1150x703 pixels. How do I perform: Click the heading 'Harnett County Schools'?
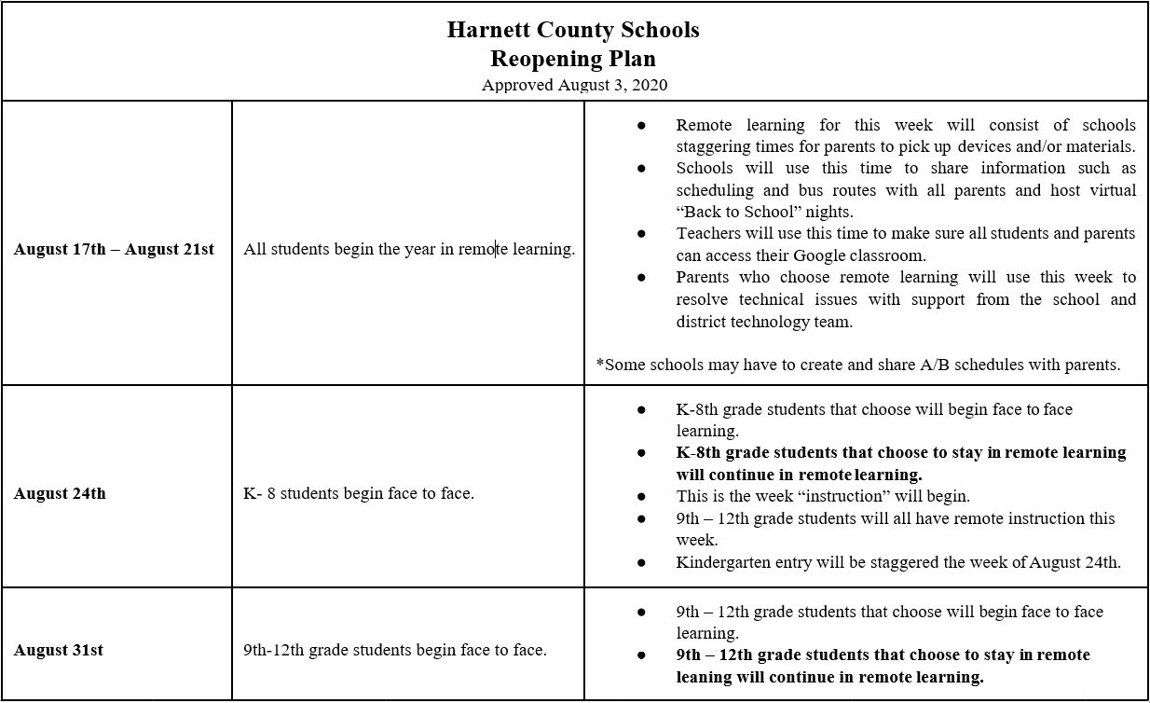[x=573, y=30]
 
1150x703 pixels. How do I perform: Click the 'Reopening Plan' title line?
[x=573, y=59]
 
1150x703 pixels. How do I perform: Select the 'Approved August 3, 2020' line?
[x=574, y=85]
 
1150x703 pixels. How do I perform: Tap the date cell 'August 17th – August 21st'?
[x=114, y=250]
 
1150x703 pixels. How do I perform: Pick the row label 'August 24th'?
[x=60, y=493]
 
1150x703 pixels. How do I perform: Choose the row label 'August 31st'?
[x=58, y=650]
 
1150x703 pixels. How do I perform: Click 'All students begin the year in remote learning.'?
[x=409, y=250]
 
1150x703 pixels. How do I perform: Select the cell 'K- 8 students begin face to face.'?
[x=359, y=493]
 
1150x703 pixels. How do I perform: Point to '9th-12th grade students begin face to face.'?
[x=395, y=650]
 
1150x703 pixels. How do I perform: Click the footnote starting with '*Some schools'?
[x=857, y=365]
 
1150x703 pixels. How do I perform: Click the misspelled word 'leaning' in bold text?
[x=705, y=677]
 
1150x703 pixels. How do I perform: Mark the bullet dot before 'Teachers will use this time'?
[x=641, y=234]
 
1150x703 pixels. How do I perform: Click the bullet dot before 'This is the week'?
[x=641, y=496]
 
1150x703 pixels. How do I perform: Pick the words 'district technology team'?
[x=764, y=322]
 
